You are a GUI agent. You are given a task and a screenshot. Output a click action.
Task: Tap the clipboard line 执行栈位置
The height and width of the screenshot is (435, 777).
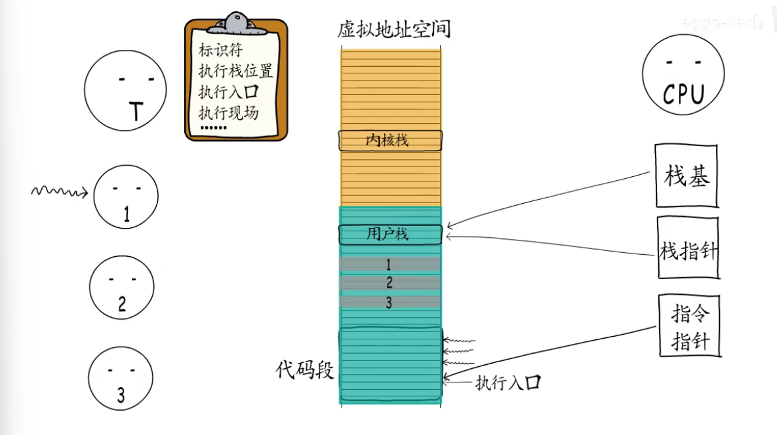pyautogui.click(x=235, y=71)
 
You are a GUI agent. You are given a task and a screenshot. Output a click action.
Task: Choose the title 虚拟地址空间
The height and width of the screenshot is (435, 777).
pyautogui.click(x=393, y=29)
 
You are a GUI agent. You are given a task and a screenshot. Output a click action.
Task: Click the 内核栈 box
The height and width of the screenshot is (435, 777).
pyautogui.click(x=390, y=140)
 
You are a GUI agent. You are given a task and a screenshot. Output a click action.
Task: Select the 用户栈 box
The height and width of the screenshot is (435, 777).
pyautogui.click(x=390, y=234)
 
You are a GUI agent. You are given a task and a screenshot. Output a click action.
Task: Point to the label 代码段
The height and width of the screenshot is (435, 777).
pyautogui.click(x=304, y=371)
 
